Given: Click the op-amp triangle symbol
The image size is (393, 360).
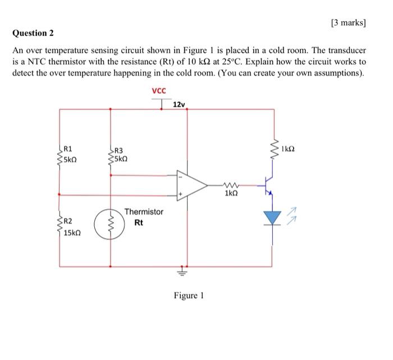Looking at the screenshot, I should (190, 184).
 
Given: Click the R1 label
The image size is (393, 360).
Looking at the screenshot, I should (68, 149).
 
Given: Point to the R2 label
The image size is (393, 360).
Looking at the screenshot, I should (68, 221).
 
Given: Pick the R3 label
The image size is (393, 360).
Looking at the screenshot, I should (118, 150).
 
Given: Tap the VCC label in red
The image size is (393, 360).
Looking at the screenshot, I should (159, 91).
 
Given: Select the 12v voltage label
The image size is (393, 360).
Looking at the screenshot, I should (179, 105).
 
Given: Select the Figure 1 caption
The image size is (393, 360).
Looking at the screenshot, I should (189, 296).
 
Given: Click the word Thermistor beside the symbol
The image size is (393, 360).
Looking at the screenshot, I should (144, 212).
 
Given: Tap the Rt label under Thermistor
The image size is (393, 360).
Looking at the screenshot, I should (139, 223).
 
